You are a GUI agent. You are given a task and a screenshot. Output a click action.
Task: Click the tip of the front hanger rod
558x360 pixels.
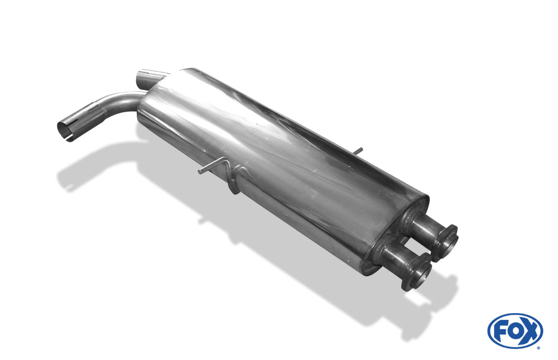200,172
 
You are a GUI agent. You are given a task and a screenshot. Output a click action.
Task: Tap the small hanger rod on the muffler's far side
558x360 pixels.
358,151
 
